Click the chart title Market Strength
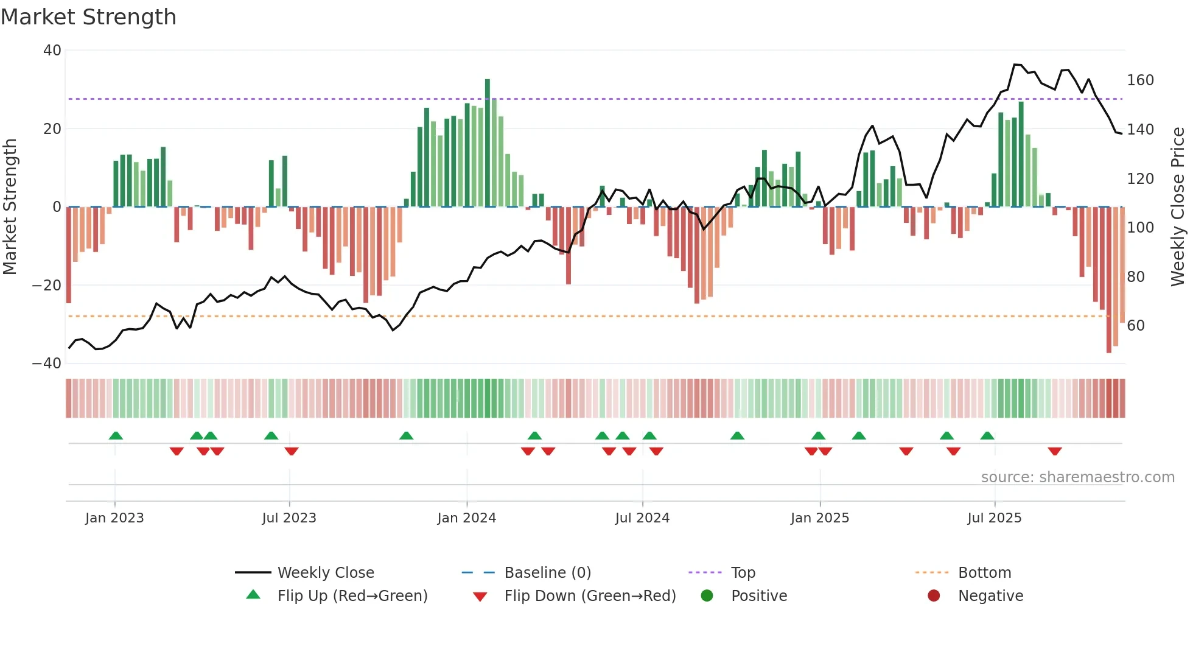[88, 17]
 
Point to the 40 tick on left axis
[52, 51]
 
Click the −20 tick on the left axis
[47, 286]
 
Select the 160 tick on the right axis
[1140, 80]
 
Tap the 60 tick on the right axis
[1136, 326]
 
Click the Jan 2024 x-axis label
[466, 518]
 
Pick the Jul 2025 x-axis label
[994, 518]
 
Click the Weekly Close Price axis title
[1178, 207]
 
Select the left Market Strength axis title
[10, 207]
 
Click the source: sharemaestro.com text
[1077, 477]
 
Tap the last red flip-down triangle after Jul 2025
[1055, 451]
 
